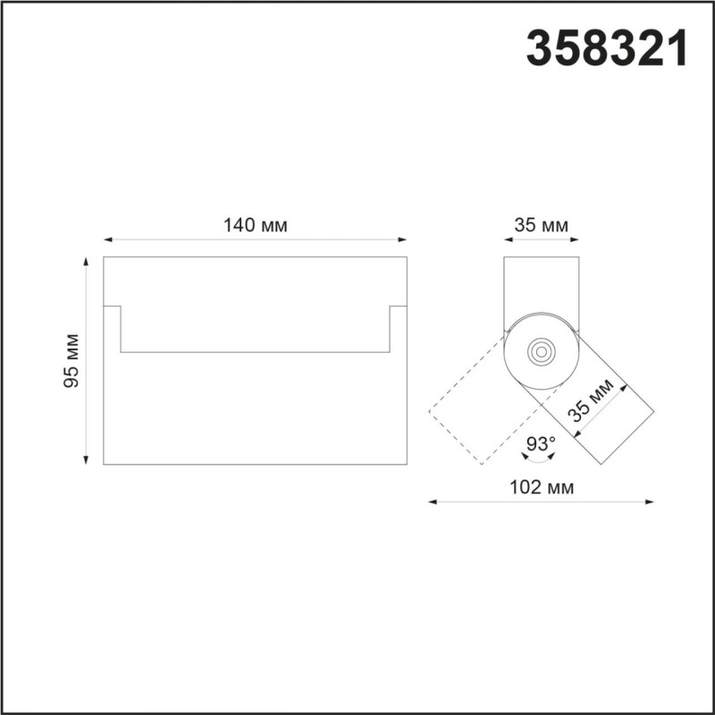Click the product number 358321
[608, 49]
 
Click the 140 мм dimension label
[255, 225]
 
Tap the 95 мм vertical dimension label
[72, 360]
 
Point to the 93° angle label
[541, 442]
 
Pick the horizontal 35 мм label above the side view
[541, 225]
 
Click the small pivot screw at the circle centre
[540, 351]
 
